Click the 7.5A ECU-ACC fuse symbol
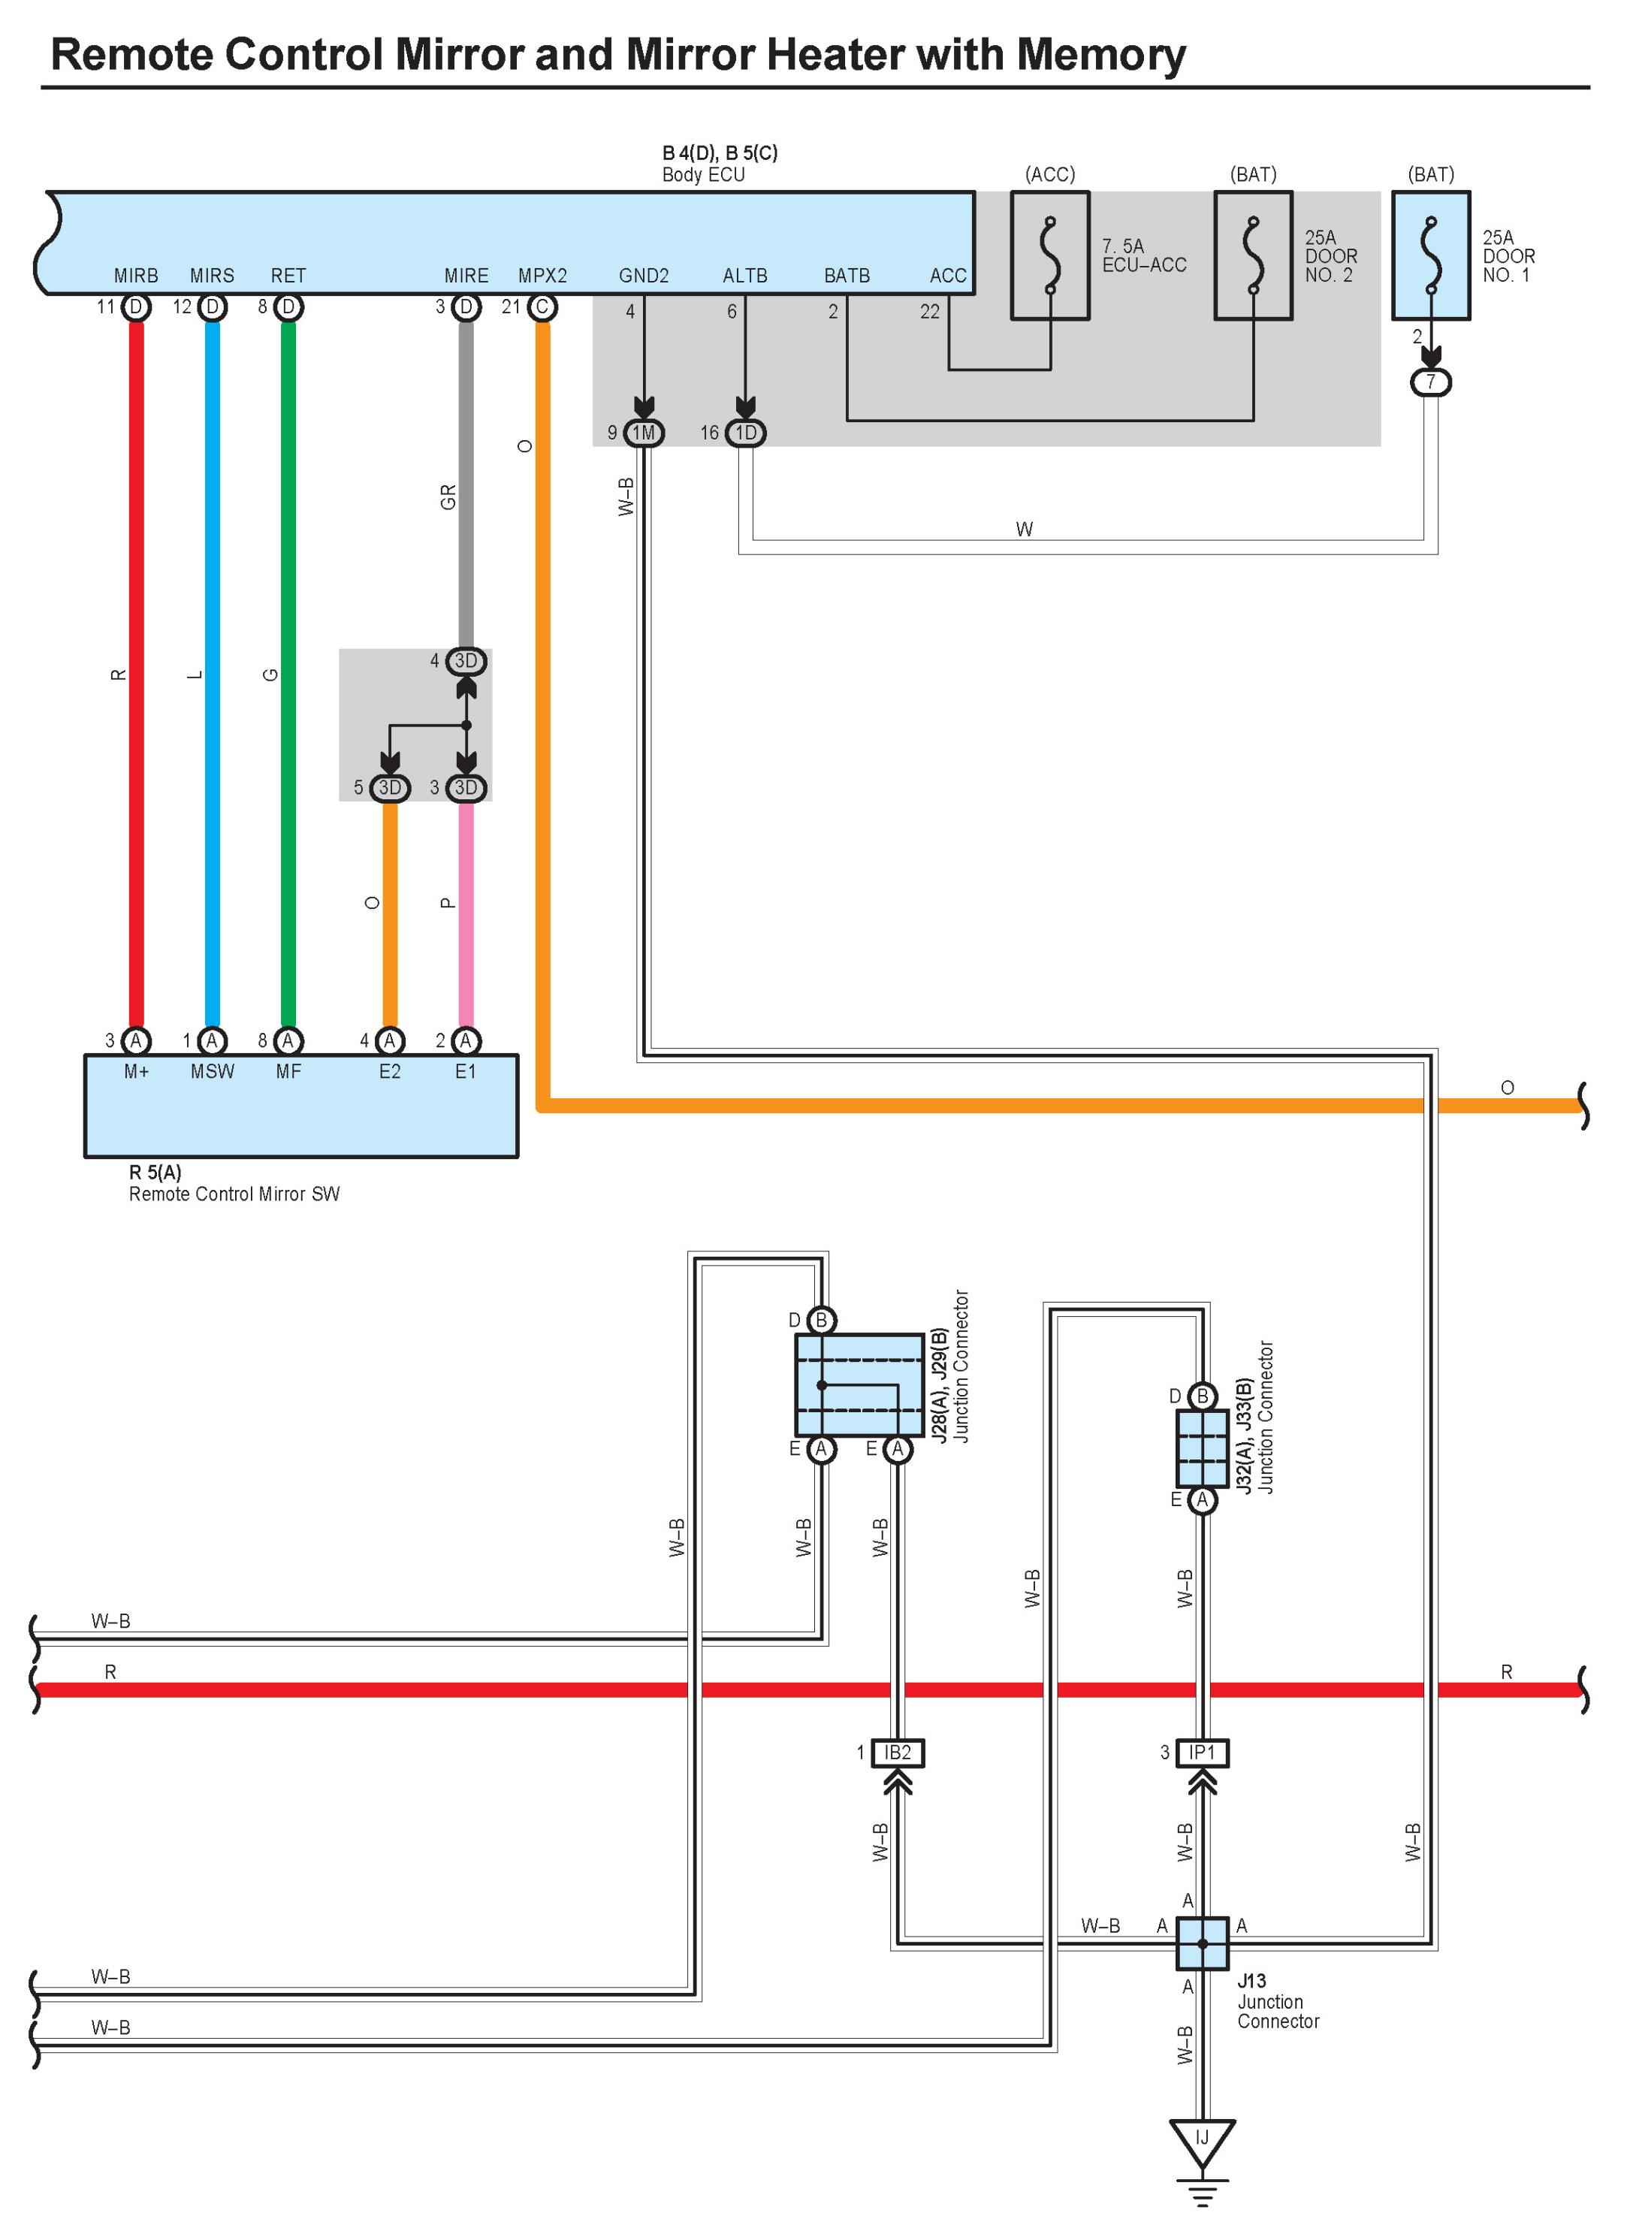1050,255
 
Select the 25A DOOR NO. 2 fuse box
1253,255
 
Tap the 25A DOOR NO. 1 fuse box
1431,255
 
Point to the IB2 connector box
897,1753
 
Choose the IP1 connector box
1202,1753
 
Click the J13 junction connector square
1202,1943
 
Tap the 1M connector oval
643,432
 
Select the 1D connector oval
746,432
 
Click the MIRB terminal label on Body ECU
136,275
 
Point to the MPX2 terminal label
542,275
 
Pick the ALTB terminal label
745,275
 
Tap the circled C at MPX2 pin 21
542,307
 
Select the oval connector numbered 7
1431,382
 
